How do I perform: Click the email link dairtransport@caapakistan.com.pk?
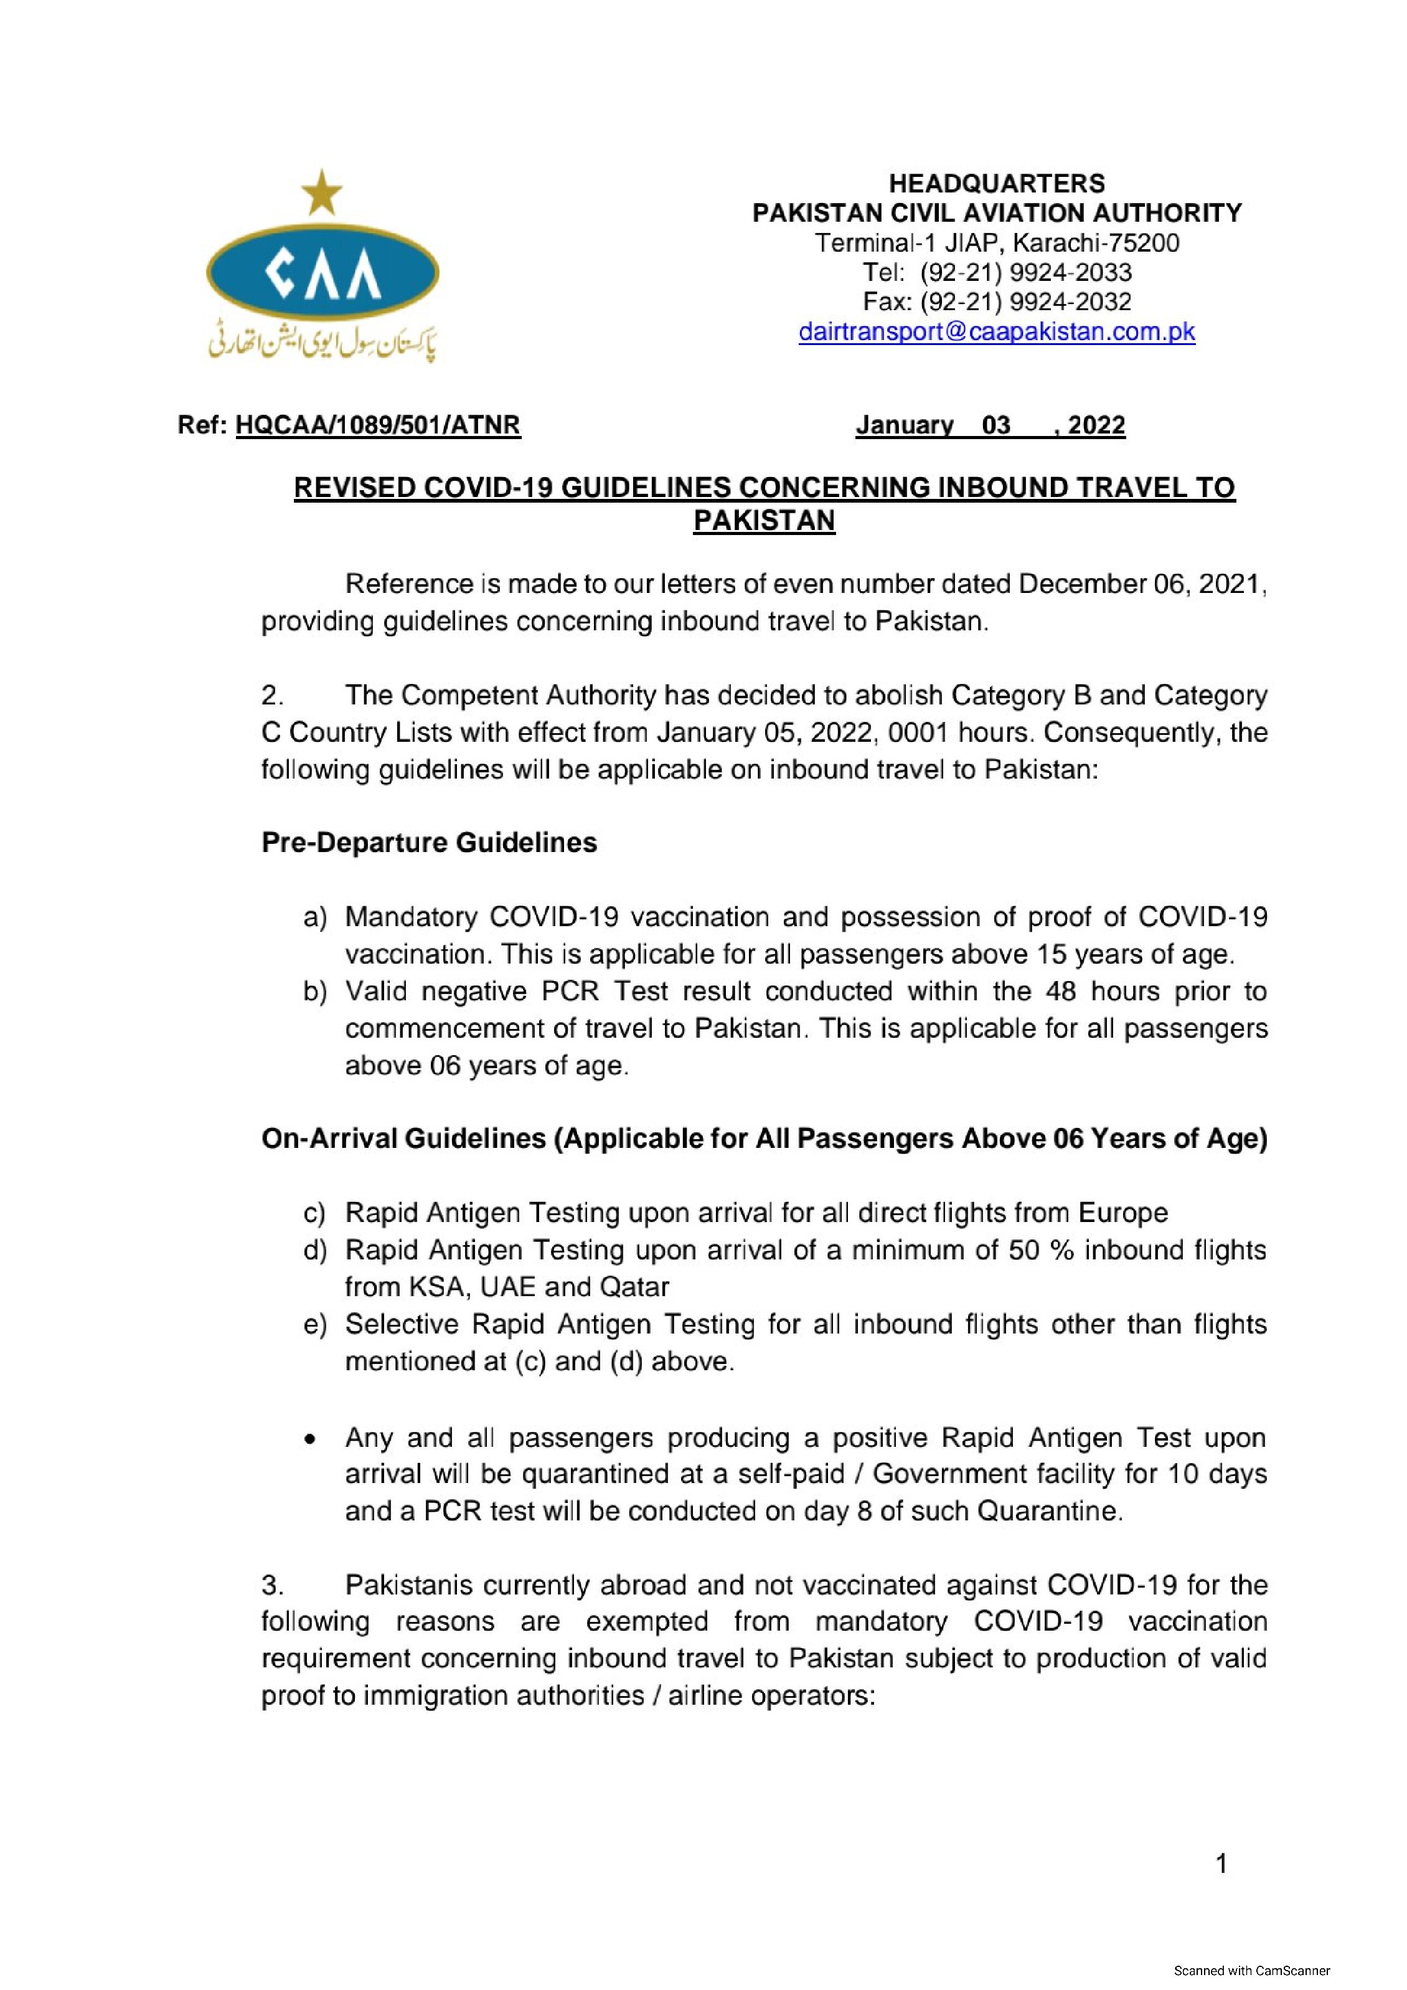pos(996,332)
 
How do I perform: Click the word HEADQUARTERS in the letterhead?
pos(996,184)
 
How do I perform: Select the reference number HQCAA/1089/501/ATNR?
pos(378,425)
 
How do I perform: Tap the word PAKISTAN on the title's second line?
pos(764,521)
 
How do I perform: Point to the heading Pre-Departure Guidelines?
pos(429,843)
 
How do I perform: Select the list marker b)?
pos(314,992)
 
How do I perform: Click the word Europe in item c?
pos(1123,1213)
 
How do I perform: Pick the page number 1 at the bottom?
pos(1221,1864)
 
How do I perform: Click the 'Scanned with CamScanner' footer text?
pos(1251,1971)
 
